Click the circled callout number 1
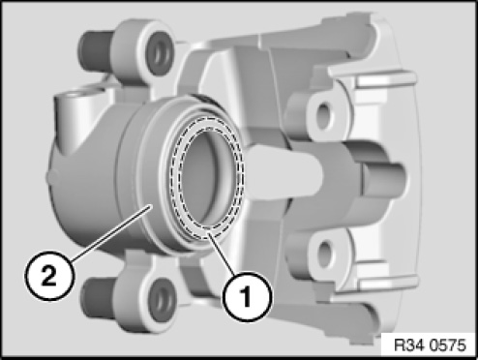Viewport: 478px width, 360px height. click(x=246, y=296)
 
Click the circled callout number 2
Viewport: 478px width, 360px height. click(x=49, y=276)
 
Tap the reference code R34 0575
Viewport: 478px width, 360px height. click(x=431, y=345)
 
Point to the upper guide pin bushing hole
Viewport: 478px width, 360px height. click(x=159, y=54)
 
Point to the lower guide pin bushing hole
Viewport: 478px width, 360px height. click(x=163, y=300)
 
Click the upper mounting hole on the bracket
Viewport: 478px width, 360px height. click(x=323, y=115)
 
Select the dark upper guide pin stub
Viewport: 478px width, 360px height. click(x=96, y=50)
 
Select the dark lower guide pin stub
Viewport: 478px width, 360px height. click(x=98, y=299)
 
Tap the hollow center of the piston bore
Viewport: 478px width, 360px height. click(x=206, y=178)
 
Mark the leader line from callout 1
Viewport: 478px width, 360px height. click(x=224, y=255)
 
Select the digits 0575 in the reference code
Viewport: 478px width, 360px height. click(x=449, y=345)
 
